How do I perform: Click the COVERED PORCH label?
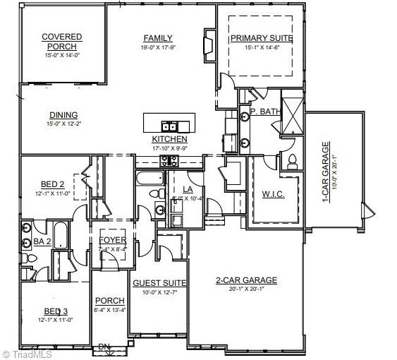(61, 42)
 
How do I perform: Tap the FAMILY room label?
(159, 38)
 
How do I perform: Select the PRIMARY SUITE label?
(260, 39)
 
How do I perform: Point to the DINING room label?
(63, 116)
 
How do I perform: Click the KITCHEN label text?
(170, 139)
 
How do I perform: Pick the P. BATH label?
(265, 112)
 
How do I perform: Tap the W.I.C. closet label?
(273, 194)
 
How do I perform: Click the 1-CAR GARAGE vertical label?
(326, 173)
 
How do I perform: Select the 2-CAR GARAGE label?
(246, 280)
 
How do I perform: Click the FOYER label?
(113, 240)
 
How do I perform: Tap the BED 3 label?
(56, 311)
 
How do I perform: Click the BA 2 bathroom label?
(42, 242)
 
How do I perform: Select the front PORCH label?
(109, 300)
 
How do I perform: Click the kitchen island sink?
(169, 127)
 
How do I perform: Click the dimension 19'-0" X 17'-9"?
(159, 47)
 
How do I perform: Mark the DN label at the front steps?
(104, 347)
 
